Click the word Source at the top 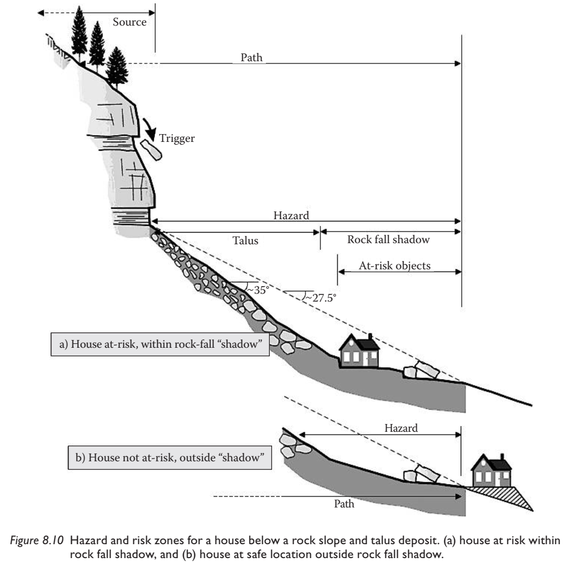(x=129, y=22)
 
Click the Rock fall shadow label (x=389, y=240)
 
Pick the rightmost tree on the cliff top (x=117, y=67)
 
